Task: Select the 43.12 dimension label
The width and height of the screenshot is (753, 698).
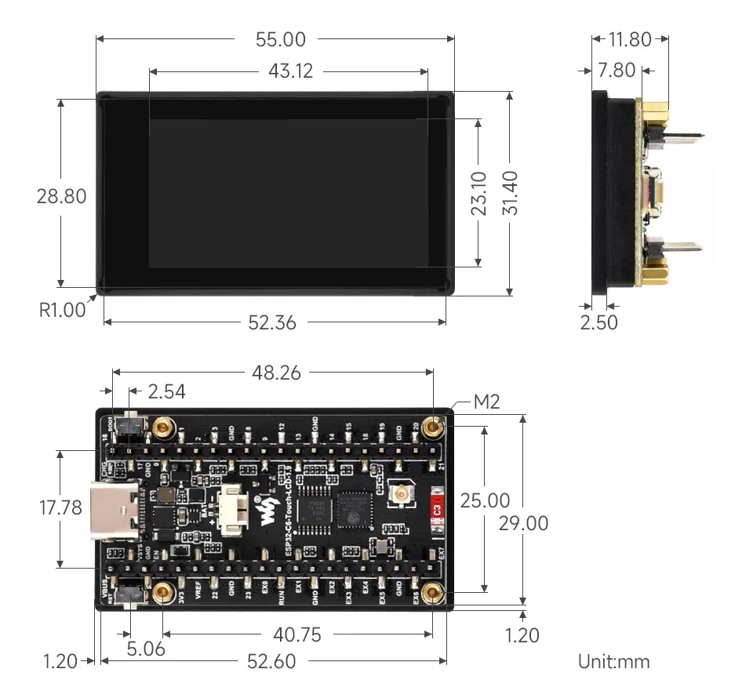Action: click(290, 71)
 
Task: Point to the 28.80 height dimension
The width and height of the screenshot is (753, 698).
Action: click(61, 196)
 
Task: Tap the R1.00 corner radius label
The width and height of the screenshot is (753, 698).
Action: click(62, 310)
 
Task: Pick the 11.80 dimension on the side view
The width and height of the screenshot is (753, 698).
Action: click(630, 39)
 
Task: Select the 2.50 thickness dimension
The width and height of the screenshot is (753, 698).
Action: click(598, 322)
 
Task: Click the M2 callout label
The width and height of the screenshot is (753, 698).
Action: click(486, 403)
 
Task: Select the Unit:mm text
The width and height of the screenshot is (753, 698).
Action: click(613, 661)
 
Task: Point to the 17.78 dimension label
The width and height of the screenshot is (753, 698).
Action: click(60, 508)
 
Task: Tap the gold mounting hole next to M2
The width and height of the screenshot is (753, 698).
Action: click(431, 427)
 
